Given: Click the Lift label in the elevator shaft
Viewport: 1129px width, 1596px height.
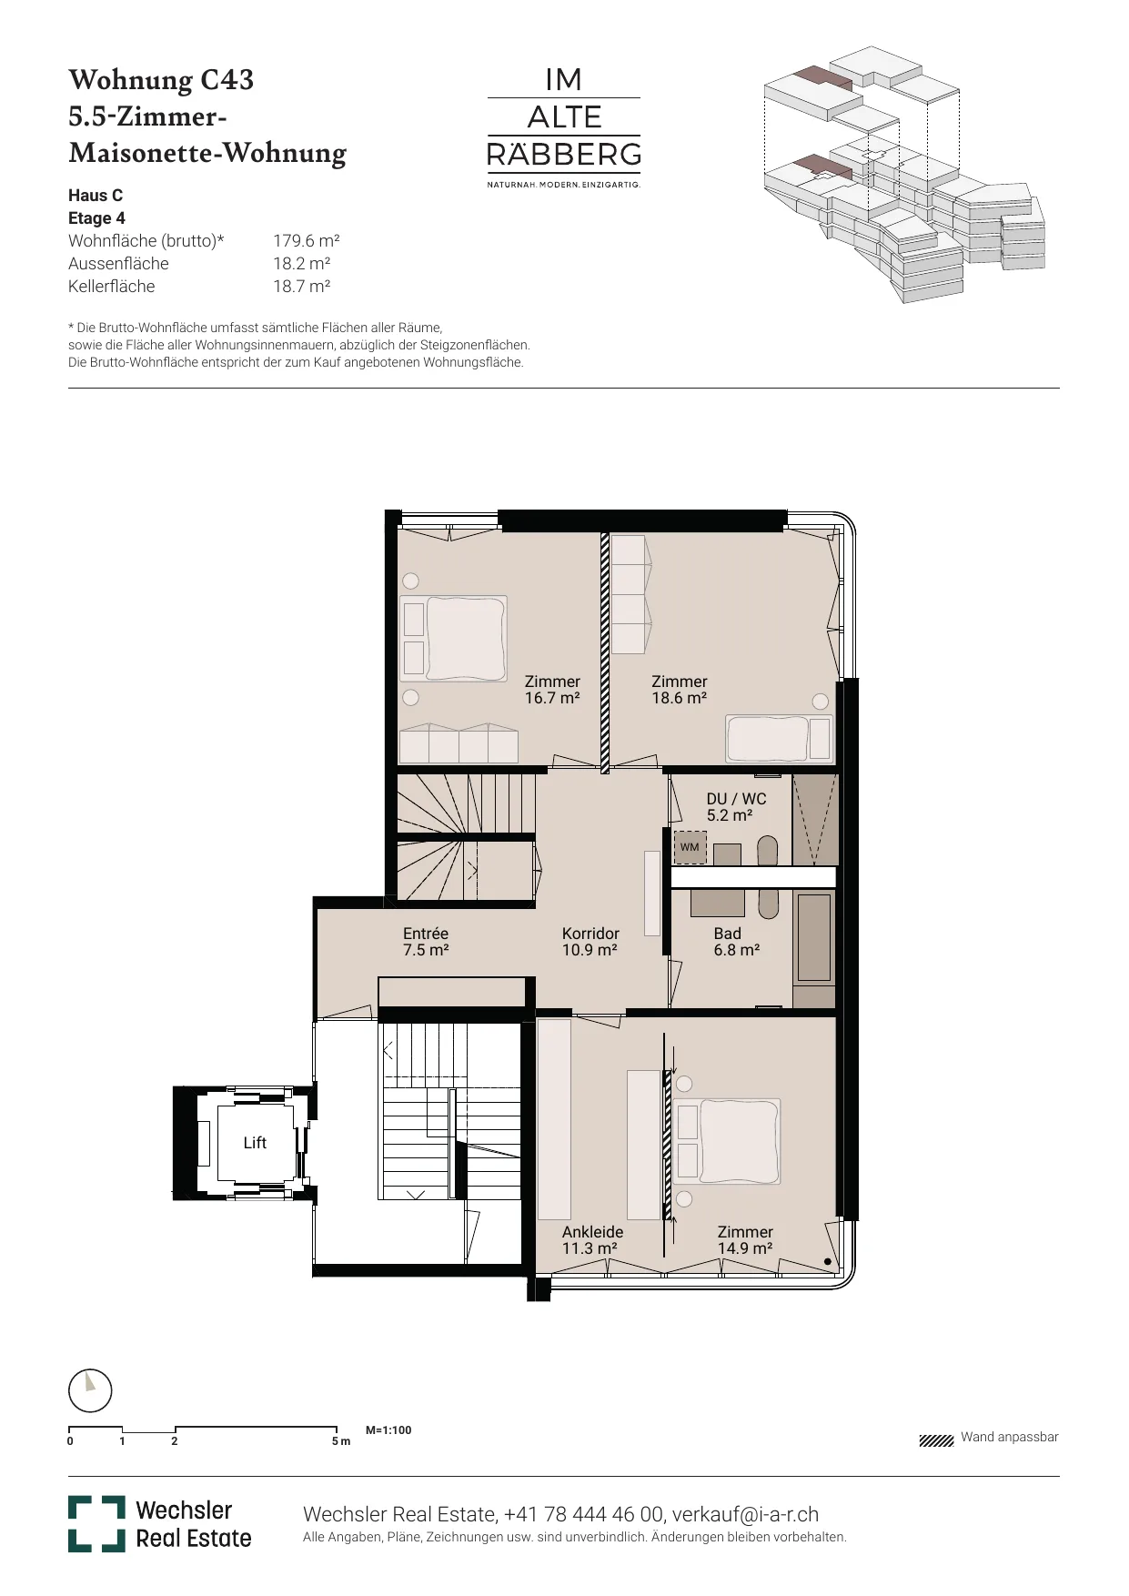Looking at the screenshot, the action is tap(255, 1143).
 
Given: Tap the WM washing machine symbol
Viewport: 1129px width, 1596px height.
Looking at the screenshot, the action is tap(690, 847).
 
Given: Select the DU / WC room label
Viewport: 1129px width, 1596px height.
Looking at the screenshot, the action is tap(736, 807).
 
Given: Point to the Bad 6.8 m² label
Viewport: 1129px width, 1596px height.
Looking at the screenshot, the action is tap(736, 942).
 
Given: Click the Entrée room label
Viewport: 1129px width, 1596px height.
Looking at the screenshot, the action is tap(426, 942).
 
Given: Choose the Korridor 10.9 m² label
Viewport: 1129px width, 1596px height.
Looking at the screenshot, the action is tap(590, 942).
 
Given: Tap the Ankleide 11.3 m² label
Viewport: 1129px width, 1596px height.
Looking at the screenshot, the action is tap(592, 1240).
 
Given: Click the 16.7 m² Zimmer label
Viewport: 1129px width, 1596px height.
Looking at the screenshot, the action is tap(552, 690).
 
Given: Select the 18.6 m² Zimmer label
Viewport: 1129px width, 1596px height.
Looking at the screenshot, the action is tap(680, 690).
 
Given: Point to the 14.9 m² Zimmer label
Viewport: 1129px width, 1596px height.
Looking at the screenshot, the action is tap(745, 1240).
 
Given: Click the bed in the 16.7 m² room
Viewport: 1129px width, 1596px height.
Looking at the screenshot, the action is tap(454, 639).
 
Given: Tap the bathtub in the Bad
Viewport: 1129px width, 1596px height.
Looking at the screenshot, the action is tap(814, 937).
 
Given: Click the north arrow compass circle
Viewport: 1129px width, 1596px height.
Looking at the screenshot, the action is tap(90, 1391).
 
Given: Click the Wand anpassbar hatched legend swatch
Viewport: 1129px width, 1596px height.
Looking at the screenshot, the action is tap(936, 1440).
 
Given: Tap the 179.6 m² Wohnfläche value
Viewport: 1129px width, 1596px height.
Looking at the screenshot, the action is tap(307, 241).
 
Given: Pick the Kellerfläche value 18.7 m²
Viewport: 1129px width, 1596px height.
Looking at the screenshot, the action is tap(302, 287).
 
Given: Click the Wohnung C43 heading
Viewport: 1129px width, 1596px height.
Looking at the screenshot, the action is tap(161, 80).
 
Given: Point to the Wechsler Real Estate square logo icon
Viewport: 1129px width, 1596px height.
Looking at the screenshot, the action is tap(96, 1524).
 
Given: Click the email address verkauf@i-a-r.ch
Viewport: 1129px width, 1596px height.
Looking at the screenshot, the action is tap(745, 1514).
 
